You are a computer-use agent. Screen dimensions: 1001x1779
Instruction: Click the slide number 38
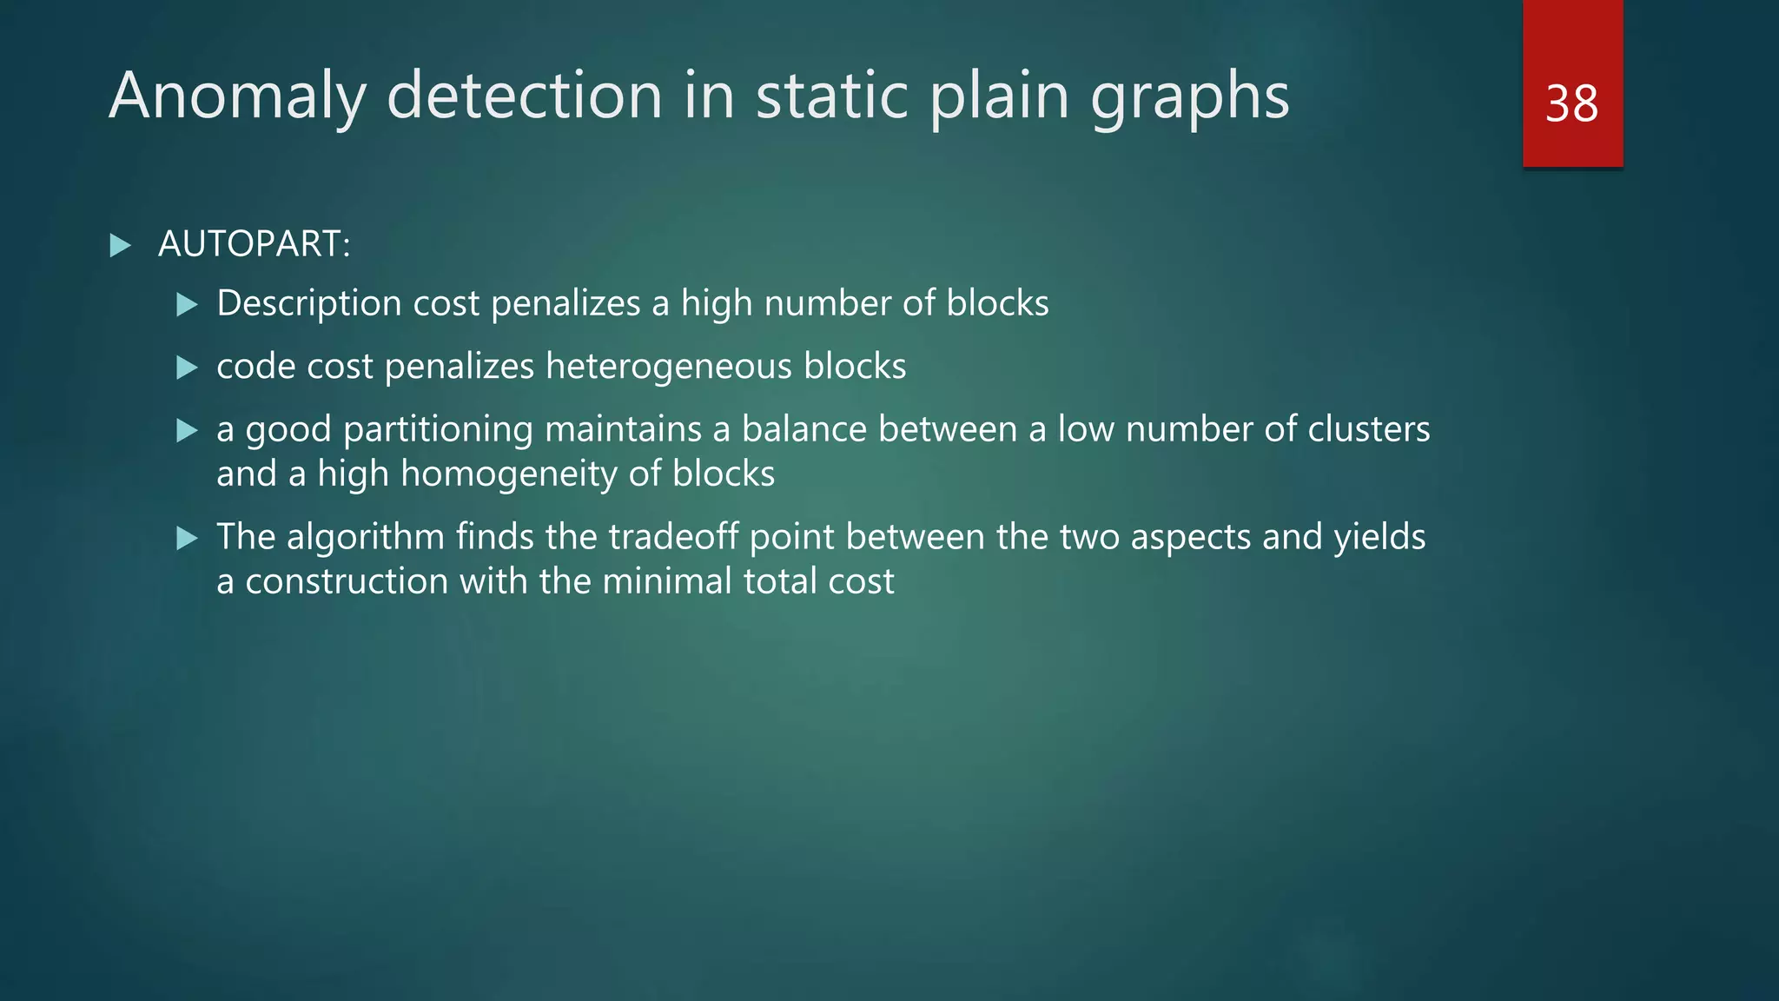click(1571, 104)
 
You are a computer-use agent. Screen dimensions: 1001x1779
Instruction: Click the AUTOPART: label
click(254, 244)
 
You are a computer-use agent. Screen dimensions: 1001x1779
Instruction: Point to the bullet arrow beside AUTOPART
click(121, 245)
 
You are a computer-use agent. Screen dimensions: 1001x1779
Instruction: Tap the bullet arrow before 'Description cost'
click(187, 304)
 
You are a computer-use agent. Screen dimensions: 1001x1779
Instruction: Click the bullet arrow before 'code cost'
click(187, 368)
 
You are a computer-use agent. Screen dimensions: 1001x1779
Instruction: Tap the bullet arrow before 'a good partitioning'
click(187, 430)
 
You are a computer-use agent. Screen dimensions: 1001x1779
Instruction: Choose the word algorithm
click(366, 537)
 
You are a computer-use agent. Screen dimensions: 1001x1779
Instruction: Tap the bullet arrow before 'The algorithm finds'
click(187, 538)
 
